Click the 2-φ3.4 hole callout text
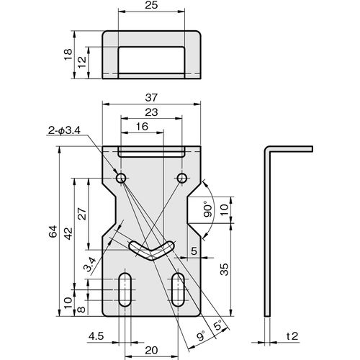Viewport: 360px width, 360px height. (64, 130)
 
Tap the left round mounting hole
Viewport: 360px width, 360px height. (121, 178)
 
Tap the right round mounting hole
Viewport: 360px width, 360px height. (182, 178)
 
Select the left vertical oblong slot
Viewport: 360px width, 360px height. (125, 289)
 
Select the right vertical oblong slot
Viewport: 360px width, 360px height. (178, 289)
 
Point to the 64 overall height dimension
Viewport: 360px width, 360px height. (53, 231)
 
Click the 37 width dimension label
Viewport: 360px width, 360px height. (151, 98)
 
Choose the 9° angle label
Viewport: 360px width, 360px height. (201, 336)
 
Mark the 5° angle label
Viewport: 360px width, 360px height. (218, 326)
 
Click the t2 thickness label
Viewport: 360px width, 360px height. (292, 336)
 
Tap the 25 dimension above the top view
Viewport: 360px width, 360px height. (151, 5)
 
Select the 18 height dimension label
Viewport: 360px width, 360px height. (68, 55)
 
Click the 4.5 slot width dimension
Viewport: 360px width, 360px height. (96, 336)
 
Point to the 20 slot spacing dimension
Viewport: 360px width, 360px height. (151, 351)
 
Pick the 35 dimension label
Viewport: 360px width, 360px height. (224, 269)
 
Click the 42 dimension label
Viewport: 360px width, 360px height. (68, 233)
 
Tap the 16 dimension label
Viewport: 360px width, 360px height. (142, 127)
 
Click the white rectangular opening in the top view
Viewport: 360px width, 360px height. (151, 60)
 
